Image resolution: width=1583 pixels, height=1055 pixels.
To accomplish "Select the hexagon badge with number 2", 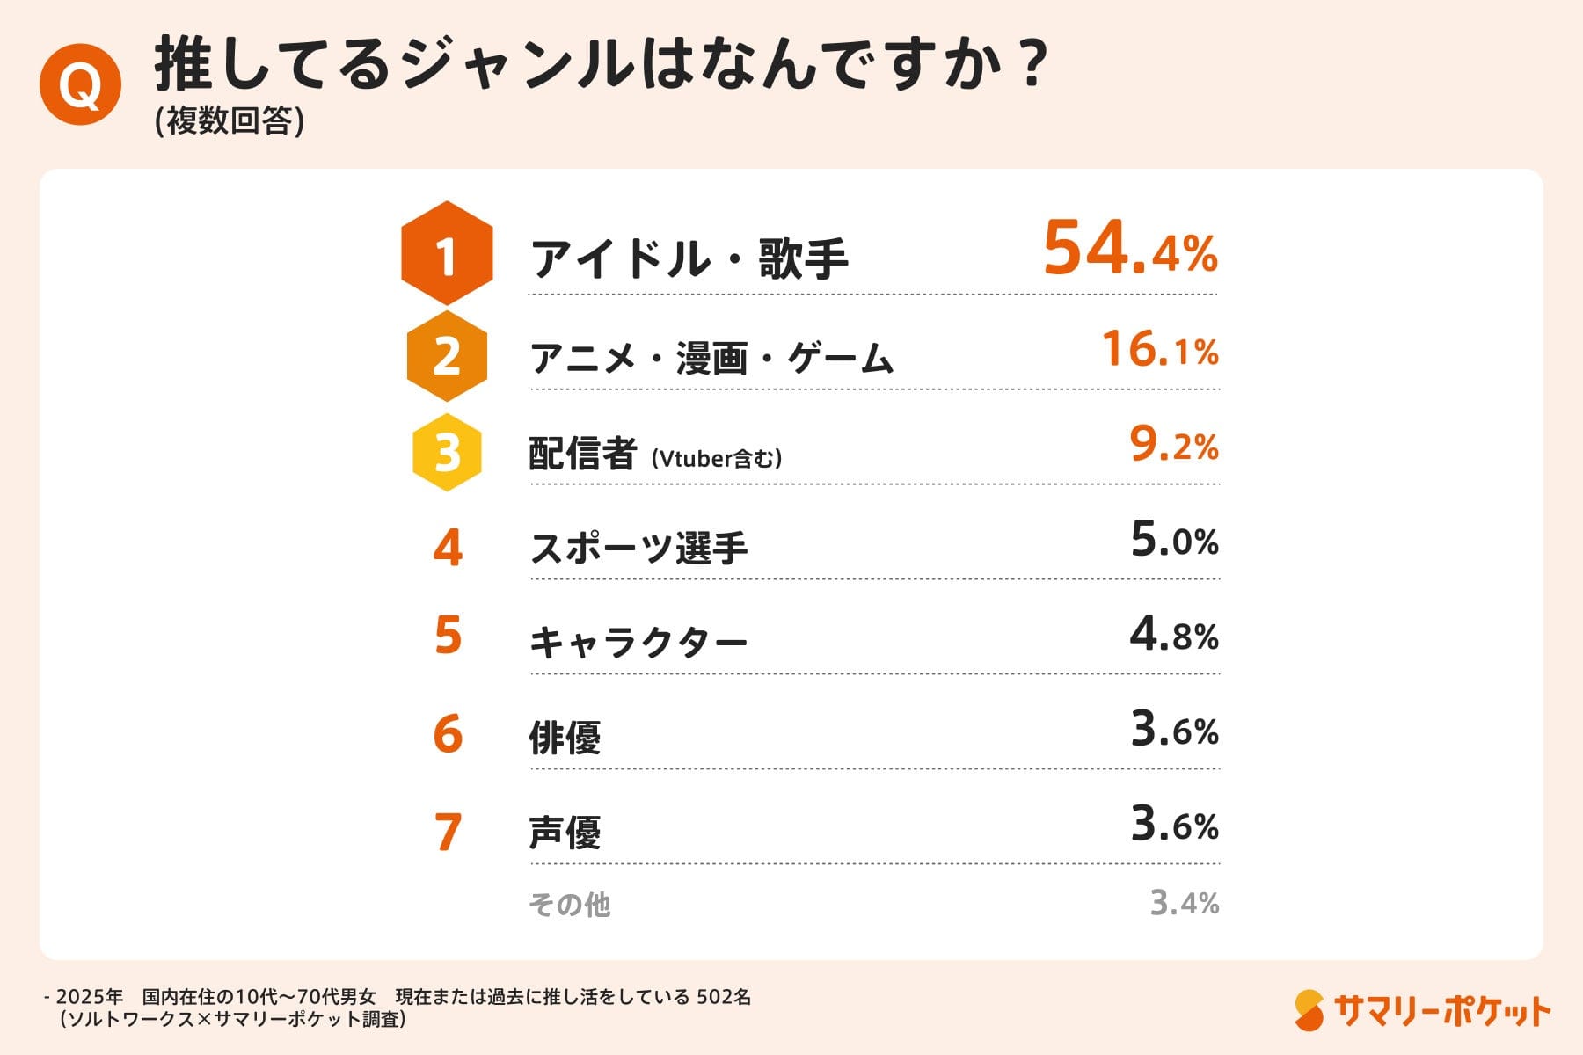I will (x=447, y=356).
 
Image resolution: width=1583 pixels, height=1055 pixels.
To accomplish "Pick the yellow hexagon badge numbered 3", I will (x=447, y=452).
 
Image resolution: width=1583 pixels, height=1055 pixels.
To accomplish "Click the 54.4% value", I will (x=1130, y=249).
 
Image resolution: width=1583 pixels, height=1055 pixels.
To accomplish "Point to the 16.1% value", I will (x=1160, y=350).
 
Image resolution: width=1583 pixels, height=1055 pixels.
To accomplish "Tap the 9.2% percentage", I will (x=1174, y=445).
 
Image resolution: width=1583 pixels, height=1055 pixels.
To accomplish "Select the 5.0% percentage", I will (x=1174, y=540).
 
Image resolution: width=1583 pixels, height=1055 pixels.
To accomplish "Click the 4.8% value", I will (x=1174, y=635).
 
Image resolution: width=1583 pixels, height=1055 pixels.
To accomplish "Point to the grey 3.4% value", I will (x=1185, y=903).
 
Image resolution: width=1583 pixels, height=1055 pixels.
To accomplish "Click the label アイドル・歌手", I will (x=689, y=259).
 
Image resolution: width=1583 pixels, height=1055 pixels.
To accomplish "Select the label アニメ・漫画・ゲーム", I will (x=711, y=359).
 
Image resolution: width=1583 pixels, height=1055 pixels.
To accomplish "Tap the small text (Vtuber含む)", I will (x=717, y=459).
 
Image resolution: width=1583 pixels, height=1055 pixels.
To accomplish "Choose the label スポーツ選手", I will (x=638, y=549).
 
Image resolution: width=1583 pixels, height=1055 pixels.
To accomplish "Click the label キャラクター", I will (x=638, y=643).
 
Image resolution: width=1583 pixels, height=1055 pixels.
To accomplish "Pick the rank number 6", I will (x=448, y=734).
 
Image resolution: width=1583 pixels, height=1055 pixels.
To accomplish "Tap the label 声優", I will (x=565, y=833).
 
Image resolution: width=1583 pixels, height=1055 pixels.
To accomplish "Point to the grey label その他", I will (x=570, y=905).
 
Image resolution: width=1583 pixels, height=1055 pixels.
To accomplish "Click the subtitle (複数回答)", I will (x=230, y=121).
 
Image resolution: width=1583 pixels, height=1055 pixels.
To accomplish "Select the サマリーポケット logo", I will (x=1422, y=1011).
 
